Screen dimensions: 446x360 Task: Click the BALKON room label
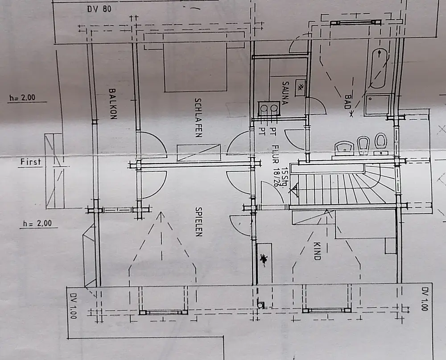click(112, 103)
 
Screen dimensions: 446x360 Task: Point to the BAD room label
click(348, 102)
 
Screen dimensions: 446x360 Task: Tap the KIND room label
click(317, 251)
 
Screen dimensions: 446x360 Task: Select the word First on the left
click(30, 162)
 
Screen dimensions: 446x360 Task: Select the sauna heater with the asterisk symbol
click(301, 87)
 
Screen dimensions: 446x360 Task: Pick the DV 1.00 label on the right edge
click(425, 299)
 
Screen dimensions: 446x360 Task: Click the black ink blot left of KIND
click(265, 259)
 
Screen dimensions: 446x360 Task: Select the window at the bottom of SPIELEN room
click(163, 312)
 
